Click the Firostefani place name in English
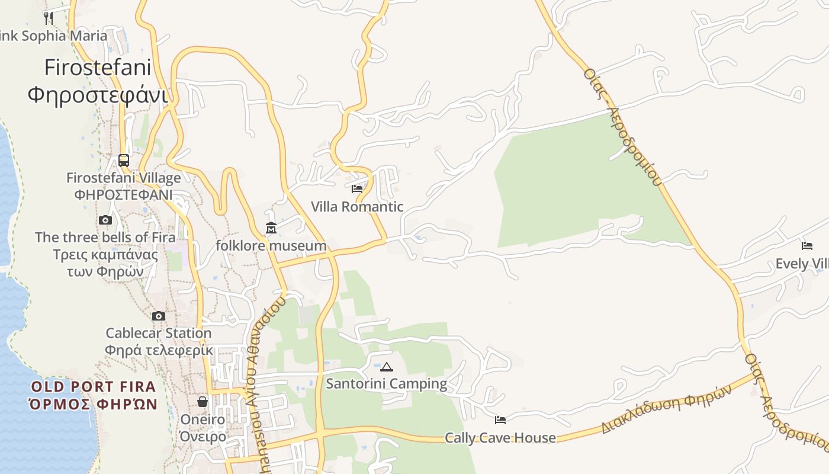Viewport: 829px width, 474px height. tap(98, 68)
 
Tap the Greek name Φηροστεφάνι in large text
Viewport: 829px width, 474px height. tap(98, 94)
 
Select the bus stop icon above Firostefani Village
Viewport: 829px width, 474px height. tap(124, 160)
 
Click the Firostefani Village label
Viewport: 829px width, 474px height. tap(123, 178)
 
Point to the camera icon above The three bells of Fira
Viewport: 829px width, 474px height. tap(105, 220)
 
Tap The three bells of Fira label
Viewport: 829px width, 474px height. tap(105, 237)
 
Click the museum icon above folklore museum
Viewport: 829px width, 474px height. tap(271, 228)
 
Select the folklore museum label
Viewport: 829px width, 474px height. tap(271, 245)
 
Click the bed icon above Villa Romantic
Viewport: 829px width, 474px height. tap(357, 189)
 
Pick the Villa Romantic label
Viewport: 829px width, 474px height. tap(357, 207)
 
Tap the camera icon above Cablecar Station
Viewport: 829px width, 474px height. tap(159, 316)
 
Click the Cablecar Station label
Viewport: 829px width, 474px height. tap(159, 333)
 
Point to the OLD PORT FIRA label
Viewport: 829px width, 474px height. tap(94, 387)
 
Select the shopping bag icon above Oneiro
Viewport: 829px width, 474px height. tap(203, 402)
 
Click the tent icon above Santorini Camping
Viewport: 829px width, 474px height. tap(387, 367)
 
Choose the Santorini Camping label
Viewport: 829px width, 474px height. tap(387, 384)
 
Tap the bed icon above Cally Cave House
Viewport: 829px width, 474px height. tap(500, 420)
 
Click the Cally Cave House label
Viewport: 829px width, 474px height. tap(500, 438)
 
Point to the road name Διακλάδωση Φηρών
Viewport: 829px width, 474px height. tap(667, 409)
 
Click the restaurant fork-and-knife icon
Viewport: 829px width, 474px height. tap(49, 18)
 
